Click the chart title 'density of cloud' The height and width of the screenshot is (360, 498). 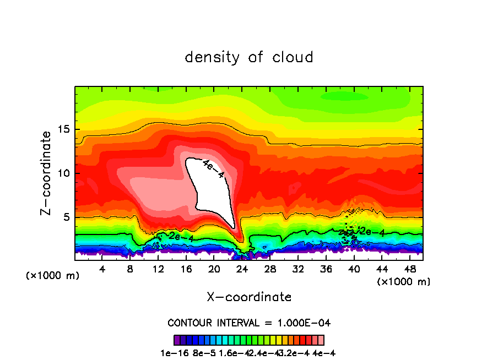pos(249,57)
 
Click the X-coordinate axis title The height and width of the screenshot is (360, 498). pos(249,297)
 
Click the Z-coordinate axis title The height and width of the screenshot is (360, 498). pos(46,173)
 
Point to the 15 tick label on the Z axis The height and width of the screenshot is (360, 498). pos(62,129)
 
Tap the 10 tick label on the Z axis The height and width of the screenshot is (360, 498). pos(62,173)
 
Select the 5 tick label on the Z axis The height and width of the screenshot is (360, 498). pos(66,217)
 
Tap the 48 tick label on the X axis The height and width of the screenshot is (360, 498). pos(409,269)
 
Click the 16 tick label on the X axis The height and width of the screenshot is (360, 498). pos(186,269)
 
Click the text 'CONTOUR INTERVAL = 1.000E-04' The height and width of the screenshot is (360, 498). pos(249,323)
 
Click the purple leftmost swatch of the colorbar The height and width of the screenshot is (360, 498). pos(177,340)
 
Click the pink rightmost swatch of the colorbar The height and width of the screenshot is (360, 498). pos(321,340)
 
